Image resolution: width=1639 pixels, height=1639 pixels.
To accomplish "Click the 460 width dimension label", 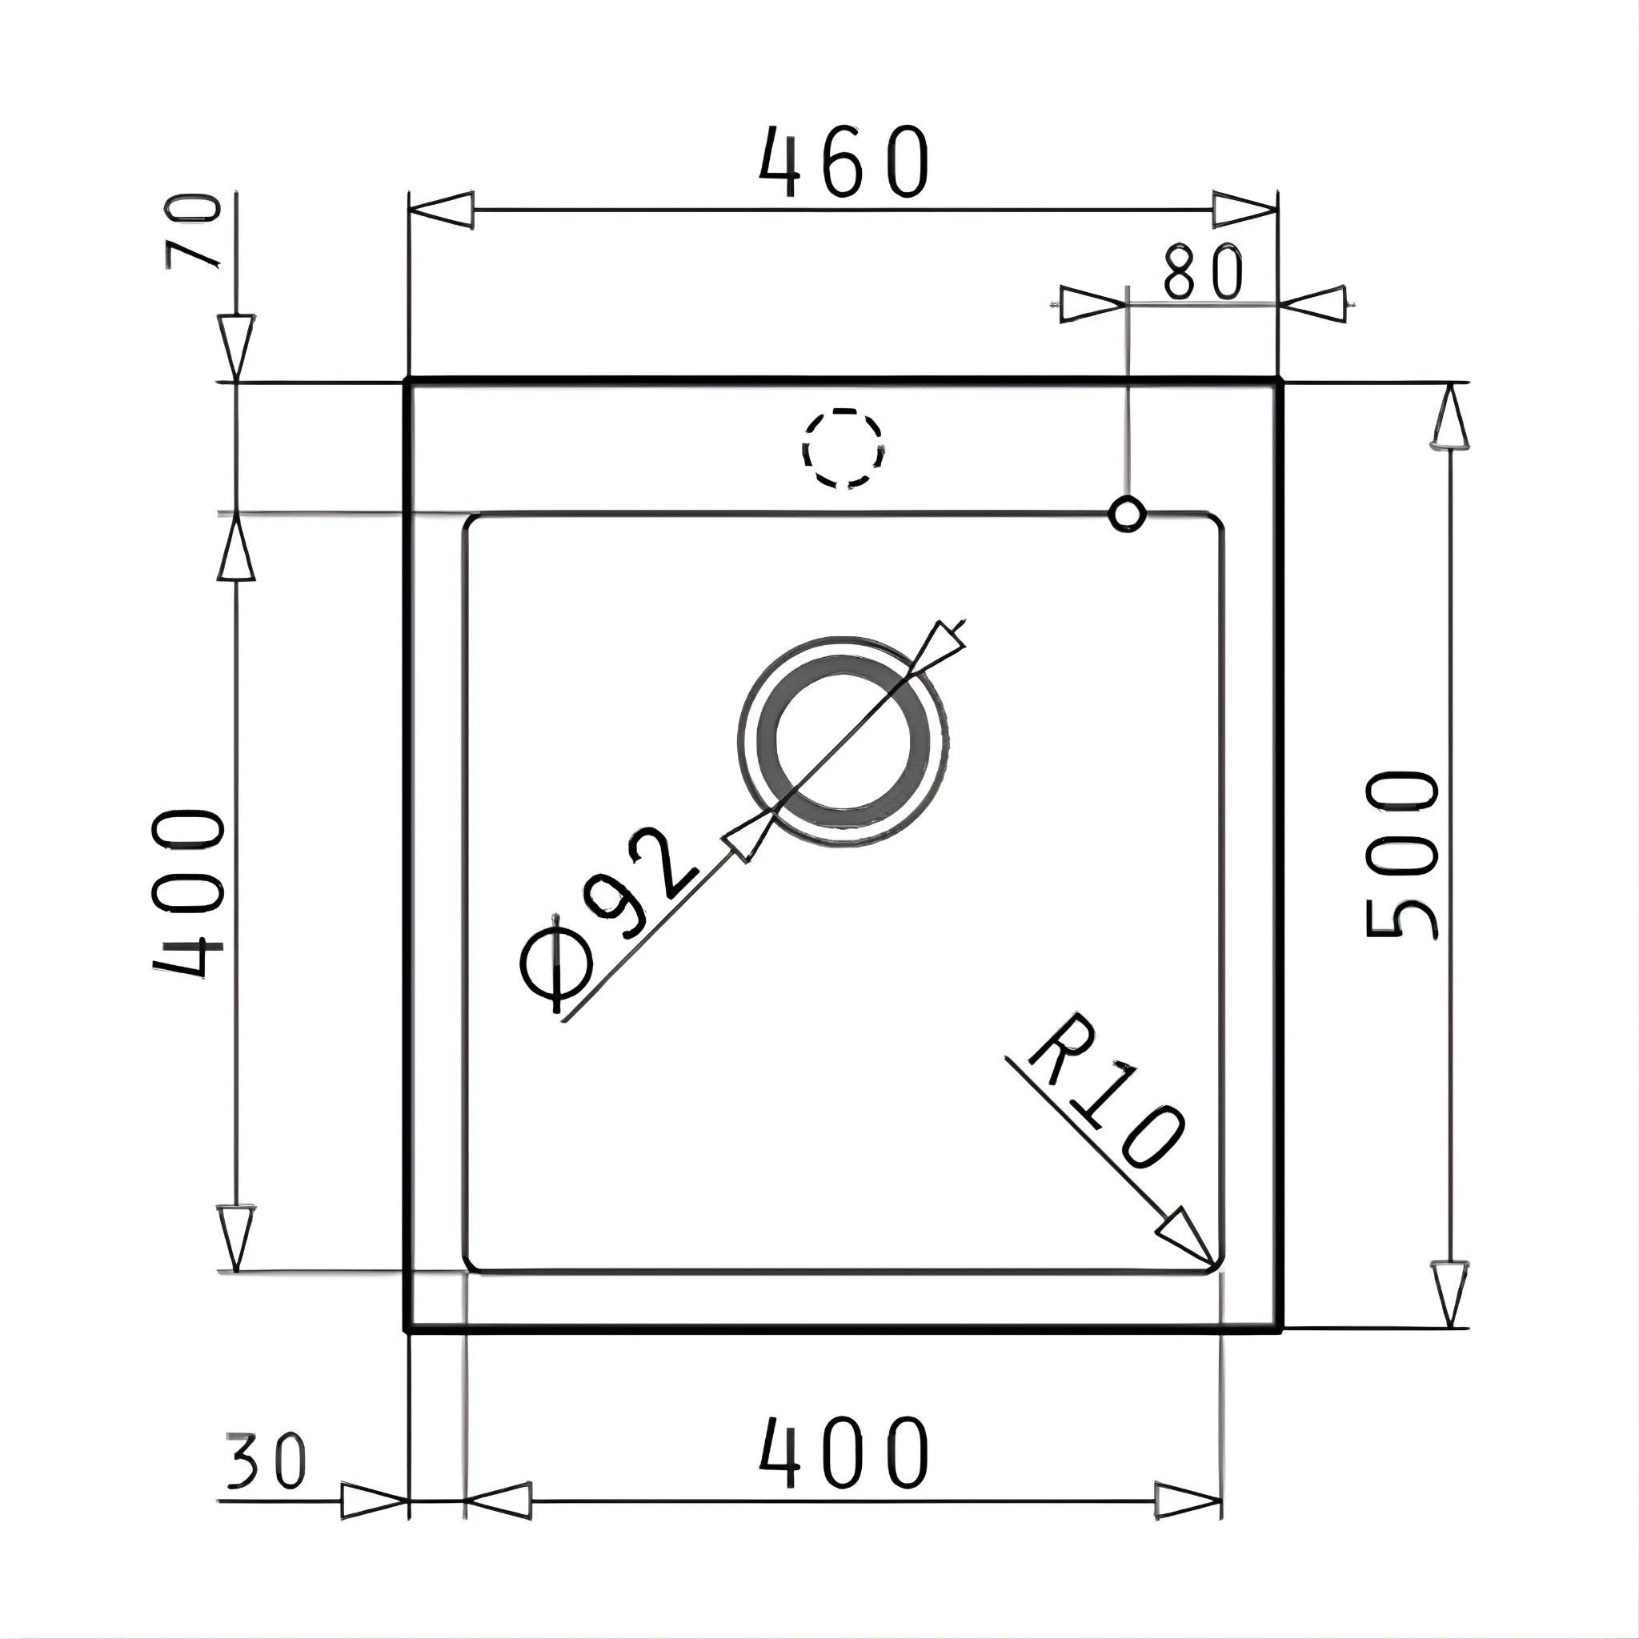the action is [x=844, y=162].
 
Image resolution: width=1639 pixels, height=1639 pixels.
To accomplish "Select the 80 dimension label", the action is [x=1202, y=272].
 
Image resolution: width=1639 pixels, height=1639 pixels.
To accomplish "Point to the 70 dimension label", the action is [x=194, y=230].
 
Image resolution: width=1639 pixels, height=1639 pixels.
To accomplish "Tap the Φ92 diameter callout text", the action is [x=609, y=920].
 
